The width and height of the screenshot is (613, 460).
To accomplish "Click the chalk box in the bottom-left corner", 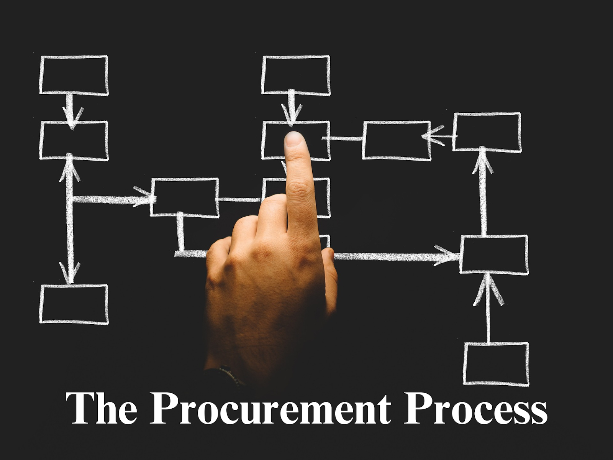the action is pos(74,304).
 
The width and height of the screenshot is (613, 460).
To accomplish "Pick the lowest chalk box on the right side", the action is pos(496,364).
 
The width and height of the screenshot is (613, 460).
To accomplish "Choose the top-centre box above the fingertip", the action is pos(296,75).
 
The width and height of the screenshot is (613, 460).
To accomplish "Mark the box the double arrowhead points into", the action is pos(397,140).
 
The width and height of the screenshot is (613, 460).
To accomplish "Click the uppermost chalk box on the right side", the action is pos(487,132).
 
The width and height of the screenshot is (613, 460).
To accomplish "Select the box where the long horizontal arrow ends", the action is pos(494,255).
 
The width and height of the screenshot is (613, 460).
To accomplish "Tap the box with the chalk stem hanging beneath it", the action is pos(184,197).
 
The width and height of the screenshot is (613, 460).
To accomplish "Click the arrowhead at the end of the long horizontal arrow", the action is pos(447,255).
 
